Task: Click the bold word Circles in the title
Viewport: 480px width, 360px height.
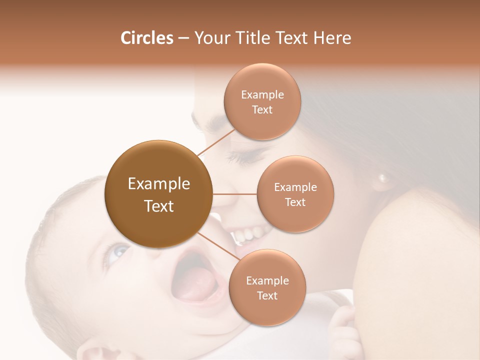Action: click(x=146, y=38)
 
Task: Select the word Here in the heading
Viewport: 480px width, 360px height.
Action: click(x=332, y=38)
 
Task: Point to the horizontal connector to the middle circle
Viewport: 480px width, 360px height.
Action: click(x=234, y=194)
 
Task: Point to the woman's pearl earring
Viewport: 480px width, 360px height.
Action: click(x=383, y=177)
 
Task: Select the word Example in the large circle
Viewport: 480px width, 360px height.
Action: click(x=159, y=184)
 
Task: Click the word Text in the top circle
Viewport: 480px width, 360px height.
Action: click(x=262, y=110)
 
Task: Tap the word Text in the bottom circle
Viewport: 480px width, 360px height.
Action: click(x=267, y=296)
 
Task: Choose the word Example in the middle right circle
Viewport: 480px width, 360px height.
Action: click(x=295, y=187)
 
